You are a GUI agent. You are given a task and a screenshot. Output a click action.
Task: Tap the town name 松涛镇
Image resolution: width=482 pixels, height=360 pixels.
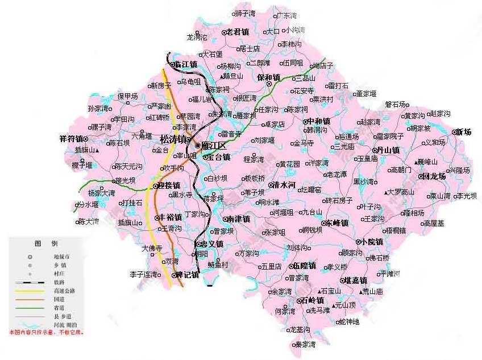(174, 139)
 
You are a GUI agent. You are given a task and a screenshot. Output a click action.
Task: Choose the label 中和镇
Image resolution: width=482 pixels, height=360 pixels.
(318, 121)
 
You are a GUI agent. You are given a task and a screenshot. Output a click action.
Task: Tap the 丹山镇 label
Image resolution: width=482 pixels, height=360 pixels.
(388, 150)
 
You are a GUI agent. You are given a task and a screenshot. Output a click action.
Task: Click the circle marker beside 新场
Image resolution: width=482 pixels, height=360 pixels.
(454, 132)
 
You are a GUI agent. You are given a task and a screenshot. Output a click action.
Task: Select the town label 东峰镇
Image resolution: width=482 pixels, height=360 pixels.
(336, 223)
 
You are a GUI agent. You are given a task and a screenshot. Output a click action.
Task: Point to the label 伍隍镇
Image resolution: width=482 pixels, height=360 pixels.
(305, 266)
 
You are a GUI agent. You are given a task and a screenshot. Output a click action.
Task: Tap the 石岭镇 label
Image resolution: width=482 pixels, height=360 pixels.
(312, 300)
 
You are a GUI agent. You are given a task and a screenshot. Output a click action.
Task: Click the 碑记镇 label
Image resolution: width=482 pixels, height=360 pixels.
(187, 275)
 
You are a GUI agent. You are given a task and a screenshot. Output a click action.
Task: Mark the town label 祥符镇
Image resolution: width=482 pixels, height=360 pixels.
(71, 138)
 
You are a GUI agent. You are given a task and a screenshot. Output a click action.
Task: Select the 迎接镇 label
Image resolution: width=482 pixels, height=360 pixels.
(169, 185)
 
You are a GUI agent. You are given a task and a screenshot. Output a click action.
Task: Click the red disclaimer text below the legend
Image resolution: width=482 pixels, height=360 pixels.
(46, 332)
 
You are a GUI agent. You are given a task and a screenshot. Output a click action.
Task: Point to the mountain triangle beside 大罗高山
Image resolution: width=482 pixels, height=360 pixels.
(386, 192)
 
